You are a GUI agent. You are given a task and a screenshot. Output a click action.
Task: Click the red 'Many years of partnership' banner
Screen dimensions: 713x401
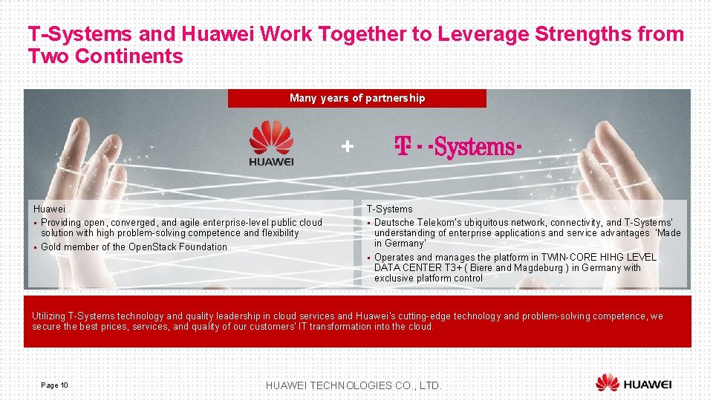pyautogui.click(x=357, y=98)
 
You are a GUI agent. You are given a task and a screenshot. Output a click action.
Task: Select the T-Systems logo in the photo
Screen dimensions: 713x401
pyautogui.click(x=458, y=147)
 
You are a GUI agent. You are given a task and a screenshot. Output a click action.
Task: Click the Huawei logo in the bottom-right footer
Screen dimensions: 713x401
pyautogui.click(x=634, y=383)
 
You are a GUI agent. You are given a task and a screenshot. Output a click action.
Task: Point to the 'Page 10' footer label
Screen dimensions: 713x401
pyautogui.click(x=55, y=385)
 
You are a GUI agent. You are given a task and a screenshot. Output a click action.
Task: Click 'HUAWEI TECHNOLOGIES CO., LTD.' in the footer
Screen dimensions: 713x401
pyautogui.click(x=354, y=385)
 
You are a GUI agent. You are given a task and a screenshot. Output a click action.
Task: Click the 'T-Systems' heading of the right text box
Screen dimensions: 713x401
pyautogui.click(x=389, y=209)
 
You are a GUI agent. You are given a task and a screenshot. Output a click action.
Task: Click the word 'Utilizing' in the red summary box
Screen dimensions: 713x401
pyautogui.click(x=49, y=316)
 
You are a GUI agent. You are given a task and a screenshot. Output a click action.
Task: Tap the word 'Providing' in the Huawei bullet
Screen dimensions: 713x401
pyautogui.click(x=62, y=223)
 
